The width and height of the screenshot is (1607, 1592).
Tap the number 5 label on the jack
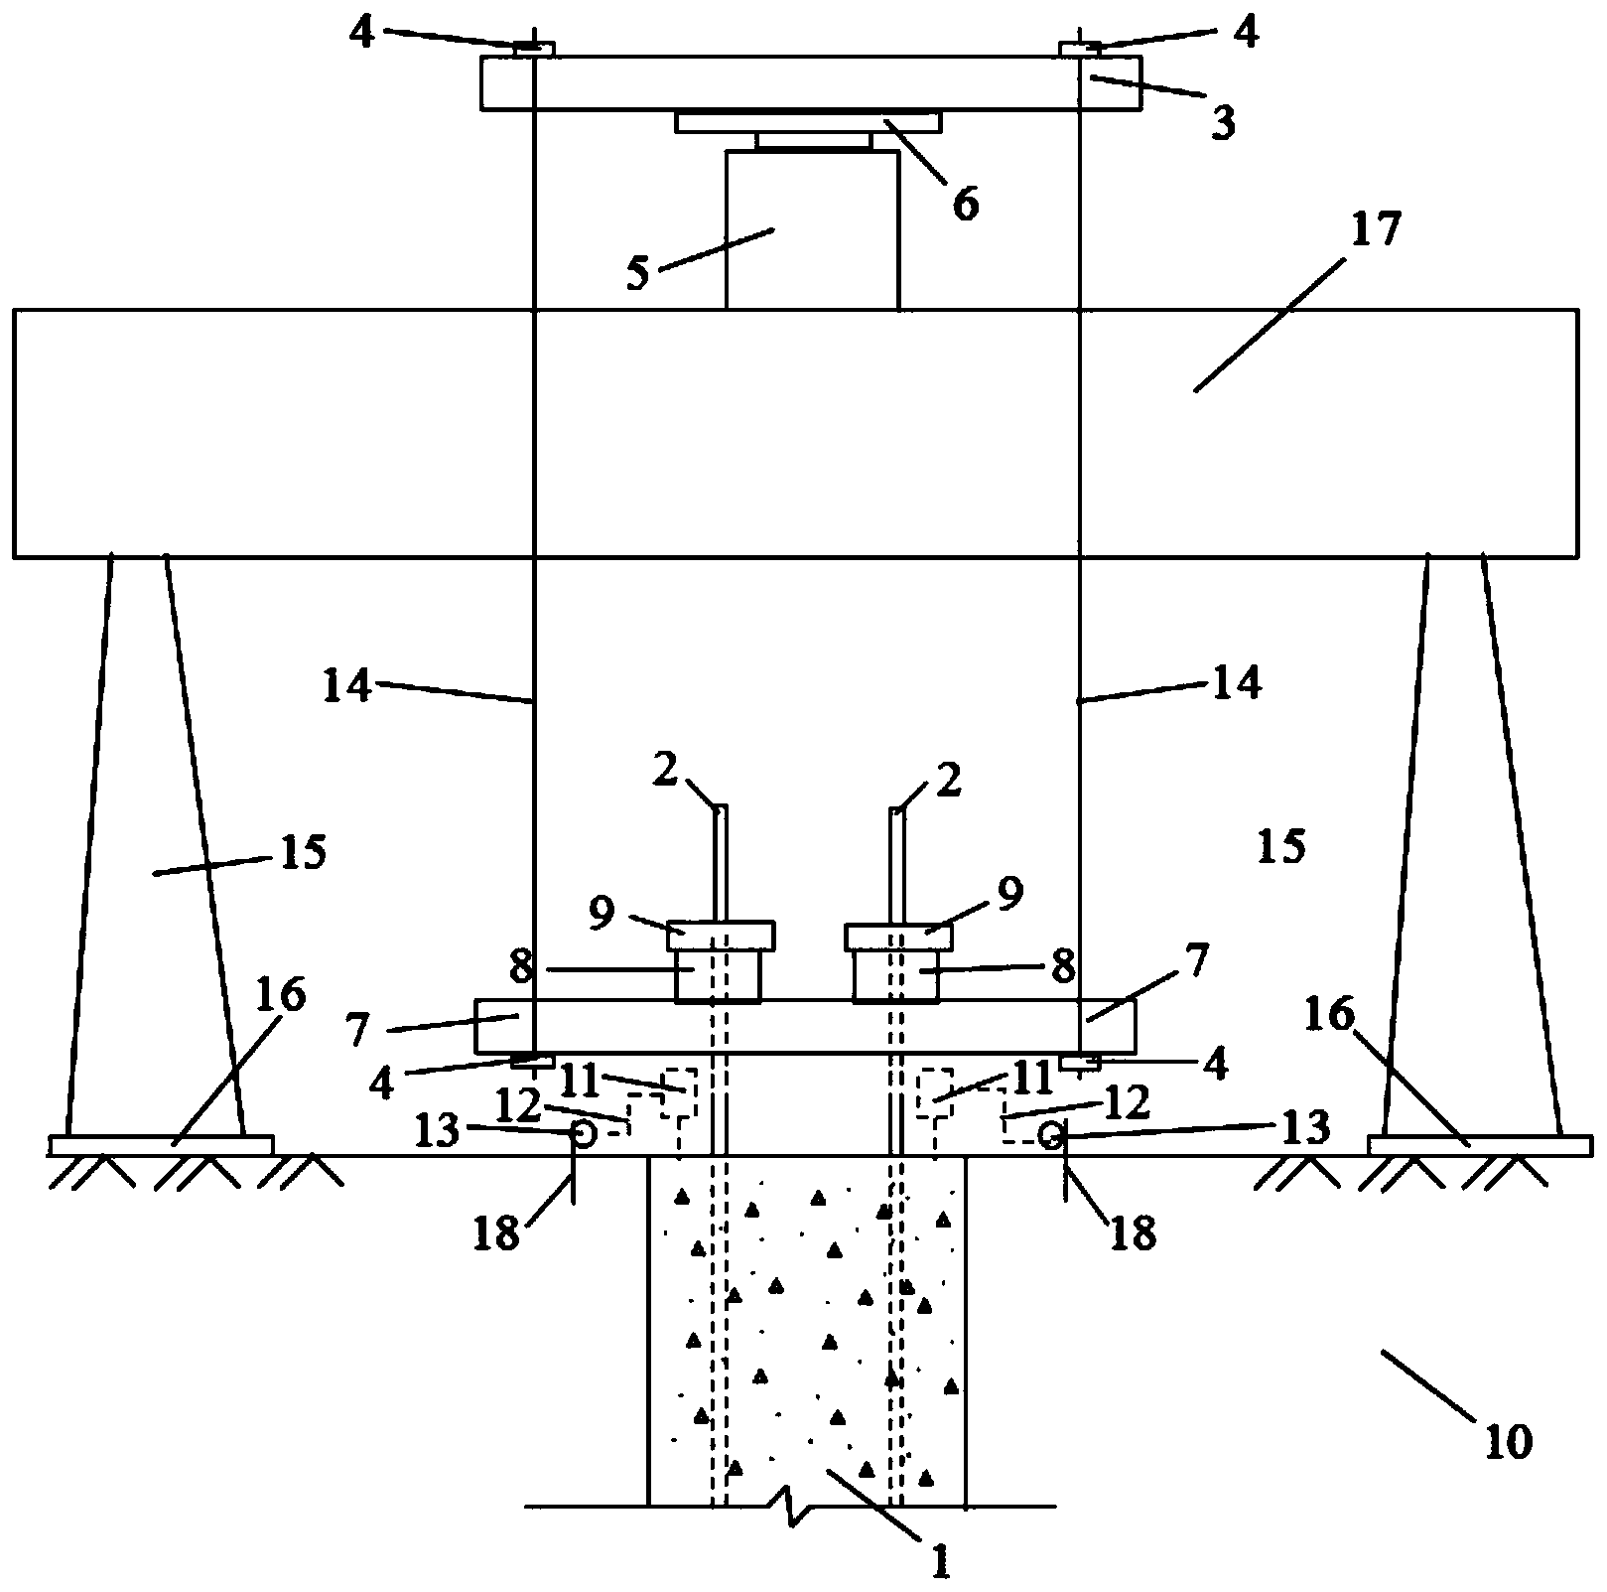coord(636,273)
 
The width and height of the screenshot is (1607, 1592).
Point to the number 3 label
coord(1222,123)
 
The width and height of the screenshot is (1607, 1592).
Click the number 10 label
coord(1508,1442)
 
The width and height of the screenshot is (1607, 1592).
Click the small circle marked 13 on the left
coord(583,1133)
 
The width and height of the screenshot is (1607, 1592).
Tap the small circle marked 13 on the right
coord(1051,1134)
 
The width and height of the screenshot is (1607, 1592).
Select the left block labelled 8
coord(719,976)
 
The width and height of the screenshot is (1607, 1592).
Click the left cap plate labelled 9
coord(721,936)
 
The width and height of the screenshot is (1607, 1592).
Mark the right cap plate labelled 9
coord(898,936)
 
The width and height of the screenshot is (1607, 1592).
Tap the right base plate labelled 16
coord(1480,1145)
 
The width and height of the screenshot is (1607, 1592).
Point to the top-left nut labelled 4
coord(534,49)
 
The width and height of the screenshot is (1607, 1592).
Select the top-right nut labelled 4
coord(1080,49)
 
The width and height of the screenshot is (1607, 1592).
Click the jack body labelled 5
coord(813,229)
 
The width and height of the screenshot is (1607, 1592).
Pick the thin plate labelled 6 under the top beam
coord(808,122)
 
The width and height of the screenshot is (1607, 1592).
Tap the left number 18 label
coord(497,1233)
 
